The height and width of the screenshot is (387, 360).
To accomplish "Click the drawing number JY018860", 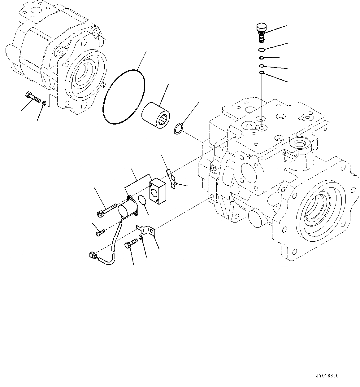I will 327,376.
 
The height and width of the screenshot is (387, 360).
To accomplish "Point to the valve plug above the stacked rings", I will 261,33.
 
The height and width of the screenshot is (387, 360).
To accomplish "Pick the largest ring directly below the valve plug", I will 262,50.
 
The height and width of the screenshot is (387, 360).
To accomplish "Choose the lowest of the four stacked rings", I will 262,73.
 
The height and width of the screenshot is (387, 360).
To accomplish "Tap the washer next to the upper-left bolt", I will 45,103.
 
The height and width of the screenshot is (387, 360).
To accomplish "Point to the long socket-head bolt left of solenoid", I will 107,209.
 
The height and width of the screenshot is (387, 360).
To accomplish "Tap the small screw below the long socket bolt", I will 101,232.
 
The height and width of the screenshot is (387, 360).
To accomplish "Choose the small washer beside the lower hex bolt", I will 141,238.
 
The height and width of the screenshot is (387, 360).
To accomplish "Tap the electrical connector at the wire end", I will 92,256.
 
